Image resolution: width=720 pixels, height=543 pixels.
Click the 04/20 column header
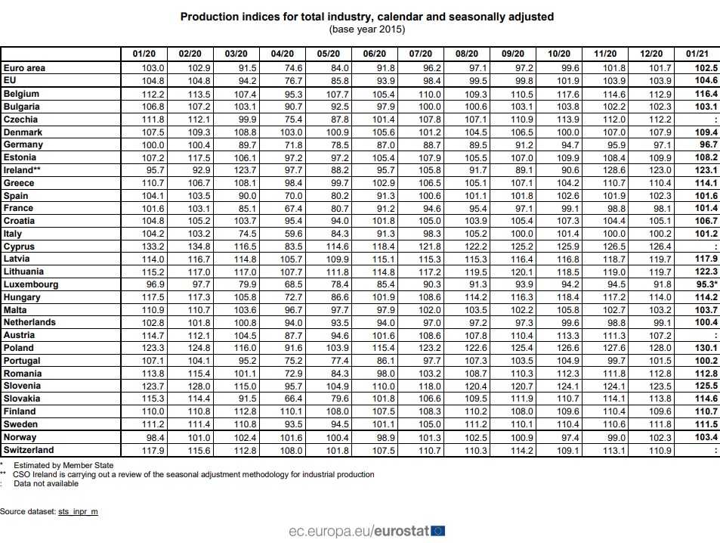click(x=282, y=54)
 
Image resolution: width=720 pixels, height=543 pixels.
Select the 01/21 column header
click(x=696, y=54)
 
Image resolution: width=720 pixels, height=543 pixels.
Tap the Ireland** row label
click(x=22, y=170)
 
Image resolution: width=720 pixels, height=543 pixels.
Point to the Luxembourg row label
click(x=31, y=284)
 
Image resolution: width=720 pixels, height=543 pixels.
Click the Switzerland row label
click(x=29, y=450)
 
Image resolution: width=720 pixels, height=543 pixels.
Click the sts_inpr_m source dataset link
click(x=78, y=512)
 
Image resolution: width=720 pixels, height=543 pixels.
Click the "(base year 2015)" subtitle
click(x=367, y=29)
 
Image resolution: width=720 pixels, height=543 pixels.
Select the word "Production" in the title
click(x=205, y=16)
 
